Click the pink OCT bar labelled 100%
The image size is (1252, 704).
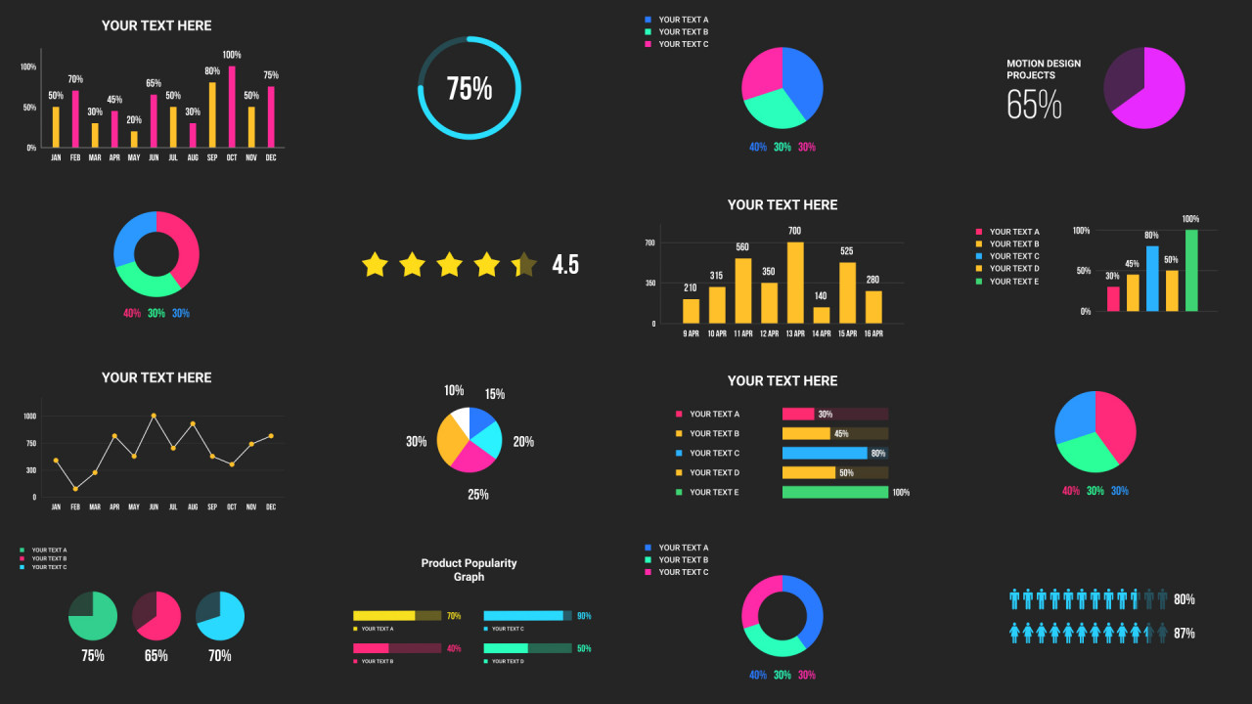click(232, 107)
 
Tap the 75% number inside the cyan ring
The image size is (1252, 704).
click(469, 89)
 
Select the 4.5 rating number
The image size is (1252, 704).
click(565, 264)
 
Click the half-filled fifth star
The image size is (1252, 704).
click(524, 264)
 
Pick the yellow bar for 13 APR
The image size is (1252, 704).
click(795, 283)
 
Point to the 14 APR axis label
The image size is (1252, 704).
click(821, 333)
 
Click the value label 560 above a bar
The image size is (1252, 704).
click(742, 247)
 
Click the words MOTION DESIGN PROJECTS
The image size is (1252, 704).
click(1044, 69)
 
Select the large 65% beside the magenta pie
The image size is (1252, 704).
click(1034, 105)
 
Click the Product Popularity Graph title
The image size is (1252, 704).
click(469, 570)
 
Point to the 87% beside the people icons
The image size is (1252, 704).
click(1184, 634)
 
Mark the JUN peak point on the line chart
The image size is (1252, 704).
click(154, 416)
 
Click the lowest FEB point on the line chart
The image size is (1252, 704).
click(75, 489)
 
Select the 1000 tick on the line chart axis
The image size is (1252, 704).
click(29, 417)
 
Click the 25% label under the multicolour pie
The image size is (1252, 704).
click(477, 495)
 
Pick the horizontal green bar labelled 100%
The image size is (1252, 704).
click(835, 492)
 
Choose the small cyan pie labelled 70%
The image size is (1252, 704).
click(220, 616)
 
